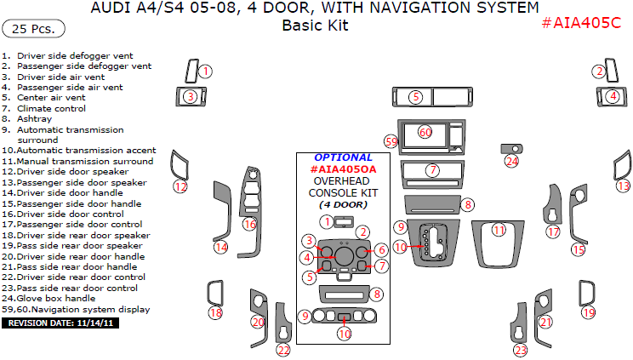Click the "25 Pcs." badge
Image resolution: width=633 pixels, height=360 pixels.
pyautogui.click(x=33, y=29)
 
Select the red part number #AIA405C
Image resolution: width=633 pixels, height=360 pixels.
pyautogui.click(x=581, y=23)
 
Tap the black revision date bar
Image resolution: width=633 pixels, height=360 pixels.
pyautogui.click(x=60, y=323)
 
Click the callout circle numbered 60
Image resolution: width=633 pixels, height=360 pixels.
pyautogui.click(x=425, y=132)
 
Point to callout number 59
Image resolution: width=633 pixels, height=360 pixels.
pyautogui.click(x=391, y=142)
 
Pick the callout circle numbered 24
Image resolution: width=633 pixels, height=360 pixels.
pyautogui.click(x=512, y=161)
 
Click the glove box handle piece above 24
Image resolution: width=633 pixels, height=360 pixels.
pyautogui.click(x=511, y=149)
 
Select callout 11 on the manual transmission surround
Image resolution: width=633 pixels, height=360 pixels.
pyautogui.click(x=499, y=231)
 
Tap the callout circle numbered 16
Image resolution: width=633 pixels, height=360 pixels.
pyautogui.click(x=249, y=224)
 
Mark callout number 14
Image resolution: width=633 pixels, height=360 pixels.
pyautogui.click(x=221, y=247)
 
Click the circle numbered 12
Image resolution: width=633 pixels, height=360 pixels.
pyautogui.click(x=180, y=186)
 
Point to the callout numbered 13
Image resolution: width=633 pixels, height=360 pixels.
pyautogui.click(x=624, y=186)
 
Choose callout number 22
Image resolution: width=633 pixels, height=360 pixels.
pyautogui.click(x=283, y=350)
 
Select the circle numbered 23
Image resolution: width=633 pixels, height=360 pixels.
pyautogui.click(x=521, y=350)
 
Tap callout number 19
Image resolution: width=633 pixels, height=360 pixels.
pyautogui.click(x=589, y=312)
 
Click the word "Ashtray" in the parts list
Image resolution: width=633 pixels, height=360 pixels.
pyautogui.click(x=34, y=119)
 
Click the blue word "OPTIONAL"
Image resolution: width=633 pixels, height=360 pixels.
pyautogui.click(x=343, y=157)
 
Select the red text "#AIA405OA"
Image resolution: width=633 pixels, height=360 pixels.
pyautogui.click(x=343, y=169)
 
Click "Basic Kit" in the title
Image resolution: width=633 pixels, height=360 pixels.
pyautogui.click(x=316, y=25)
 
